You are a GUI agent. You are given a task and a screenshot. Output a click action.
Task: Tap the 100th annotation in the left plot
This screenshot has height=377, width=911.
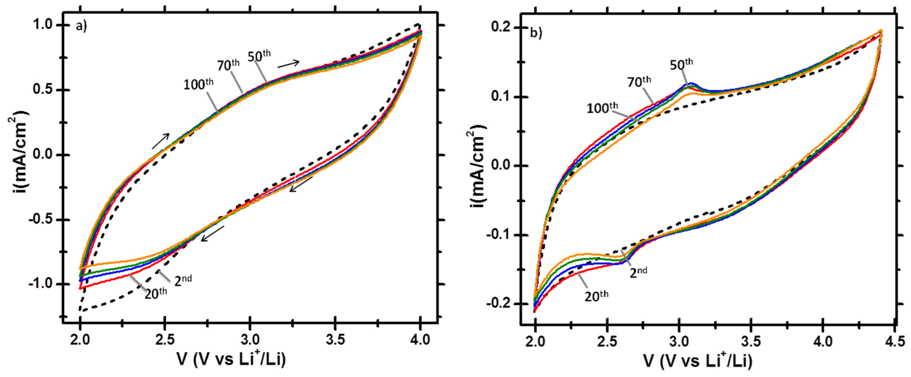point(198,84)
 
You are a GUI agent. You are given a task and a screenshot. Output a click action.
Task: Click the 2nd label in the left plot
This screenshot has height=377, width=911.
point(183,280)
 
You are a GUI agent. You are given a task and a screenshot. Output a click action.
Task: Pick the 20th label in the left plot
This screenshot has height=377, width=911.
point(156,293)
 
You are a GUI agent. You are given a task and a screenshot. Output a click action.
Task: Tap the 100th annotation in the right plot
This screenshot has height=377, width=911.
point(602,108)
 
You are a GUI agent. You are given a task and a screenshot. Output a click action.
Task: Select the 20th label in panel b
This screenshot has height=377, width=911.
point(596,296)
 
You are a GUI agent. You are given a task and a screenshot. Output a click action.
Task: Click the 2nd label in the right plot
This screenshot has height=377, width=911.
point(638,272)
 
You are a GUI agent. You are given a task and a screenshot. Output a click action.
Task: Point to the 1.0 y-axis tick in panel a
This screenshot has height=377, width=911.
point(42,25)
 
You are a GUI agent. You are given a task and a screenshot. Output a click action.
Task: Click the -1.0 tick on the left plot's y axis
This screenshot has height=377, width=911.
point(40,284)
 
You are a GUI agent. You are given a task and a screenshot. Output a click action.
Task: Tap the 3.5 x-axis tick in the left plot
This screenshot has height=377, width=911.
point(335,340)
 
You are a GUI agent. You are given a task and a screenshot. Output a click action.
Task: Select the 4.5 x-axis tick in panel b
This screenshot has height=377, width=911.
point(896,342)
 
